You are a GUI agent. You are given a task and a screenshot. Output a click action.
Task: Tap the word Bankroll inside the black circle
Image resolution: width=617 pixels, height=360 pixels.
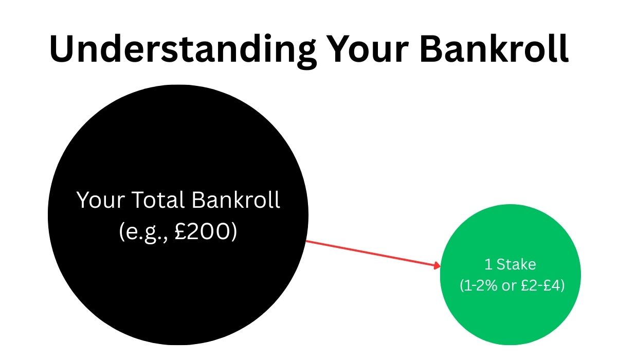(236, 200)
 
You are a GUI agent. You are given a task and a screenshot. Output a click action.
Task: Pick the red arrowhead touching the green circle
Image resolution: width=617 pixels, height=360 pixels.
(438, 265)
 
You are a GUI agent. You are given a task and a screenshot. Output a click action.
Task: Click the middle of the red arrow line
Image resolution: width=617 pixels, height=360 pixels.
(373, 253)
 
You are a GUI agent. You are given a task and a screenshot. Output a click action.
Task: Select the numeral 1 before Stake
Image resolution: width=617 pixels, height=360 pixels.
(488, 264)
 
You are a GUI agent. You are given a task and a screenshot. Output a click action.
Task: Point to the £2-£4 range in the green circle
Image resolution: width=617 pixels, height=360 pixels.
(542, 286)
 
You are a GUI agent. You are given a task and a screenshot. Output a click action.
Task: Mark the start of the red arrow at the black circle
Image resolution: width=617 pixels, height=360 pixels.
(307, 241)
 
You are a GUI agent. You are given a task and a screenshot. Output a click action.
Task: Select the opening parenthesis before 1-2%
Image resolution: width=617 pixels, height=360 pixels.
(461, 286)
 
